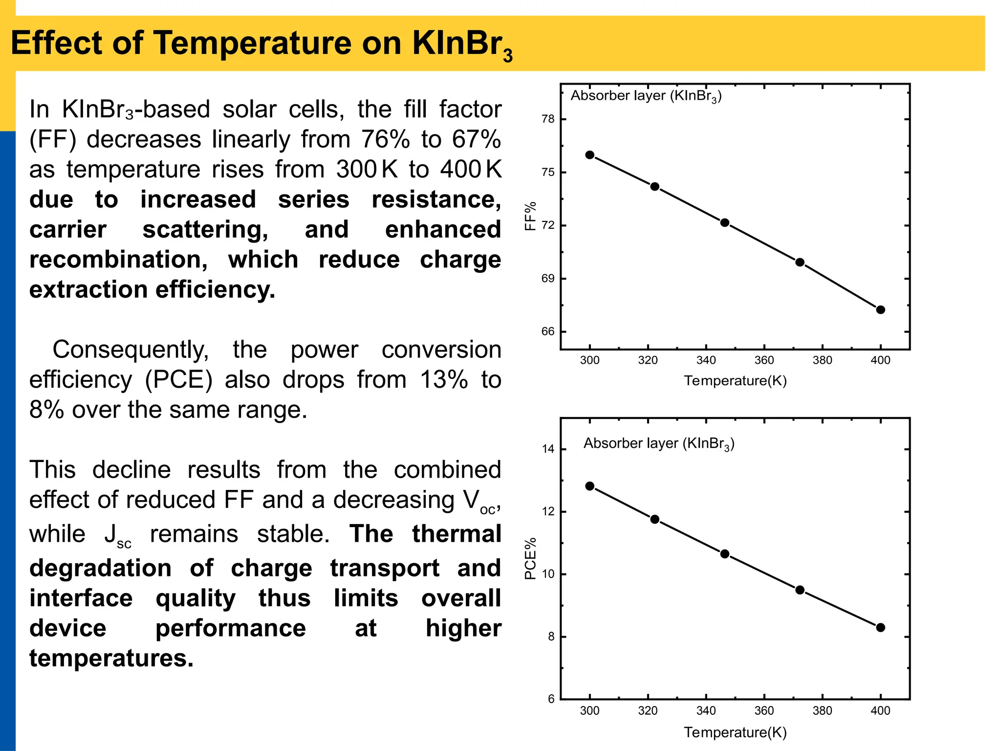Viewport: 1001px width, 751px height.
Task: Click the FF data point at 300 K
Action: pyautogui.click(x=589, y=155)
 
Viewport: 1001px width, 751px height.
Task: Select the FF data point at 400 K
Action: pyautogui.click(x=880, y=309)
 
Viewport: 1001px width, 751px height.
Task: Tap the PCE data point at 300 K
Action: pyautogui.click(x=589, y=486)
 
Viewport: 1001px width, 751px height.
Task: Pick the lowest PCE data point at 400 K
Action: pyautogui.click(x=880, y=627)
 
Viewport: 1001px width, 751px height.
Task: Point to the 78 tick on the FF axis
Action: pyautogui.click(x=548, y=119)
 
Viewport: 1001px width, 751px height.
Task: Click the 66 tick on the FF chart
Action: pyautogui.click(x=548, y=331)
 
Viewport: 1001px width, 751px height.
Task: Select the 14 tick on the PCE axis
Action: pyautogui.click(x=548, y=449)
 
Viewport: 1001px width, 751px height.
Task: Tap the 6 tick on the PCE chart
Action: pyautogui.click(x=551, y=699)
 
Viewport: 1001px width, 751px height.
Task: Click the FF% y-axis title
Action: pyautogui.click(x=530, y=216)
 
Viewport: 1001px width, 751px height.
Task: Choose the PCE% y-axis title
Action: pyautogui.click(x=530, y=558)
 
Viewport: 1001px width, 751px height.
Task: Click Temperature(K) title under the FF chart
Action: pyautogui.click(x=735, y=380)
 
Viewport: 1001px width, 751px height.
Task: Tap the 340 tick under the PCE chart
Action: pyautogui.click(x=706, y=710)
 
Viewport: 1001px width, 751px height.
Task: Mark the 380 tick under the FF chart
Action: pyautogui.click(x=822, y=360)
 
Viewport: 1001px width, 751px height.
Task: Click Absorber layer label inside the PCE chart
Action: pyautogui.click(x=658, y=443)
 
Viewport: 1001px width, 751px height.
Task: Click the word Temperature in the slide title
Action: pyautogui.click(x=253, y=43)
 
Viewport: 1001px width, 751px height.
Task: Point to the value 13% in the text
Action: pyautogui.click(x=443, y=380)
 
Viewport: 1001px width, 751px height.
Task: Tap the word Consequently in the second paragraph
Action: pyautogui.click(x=131, y=350)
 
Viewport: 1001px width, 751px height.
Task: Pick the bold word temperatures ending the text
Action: pyautogui.click(x=111, y=658)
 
